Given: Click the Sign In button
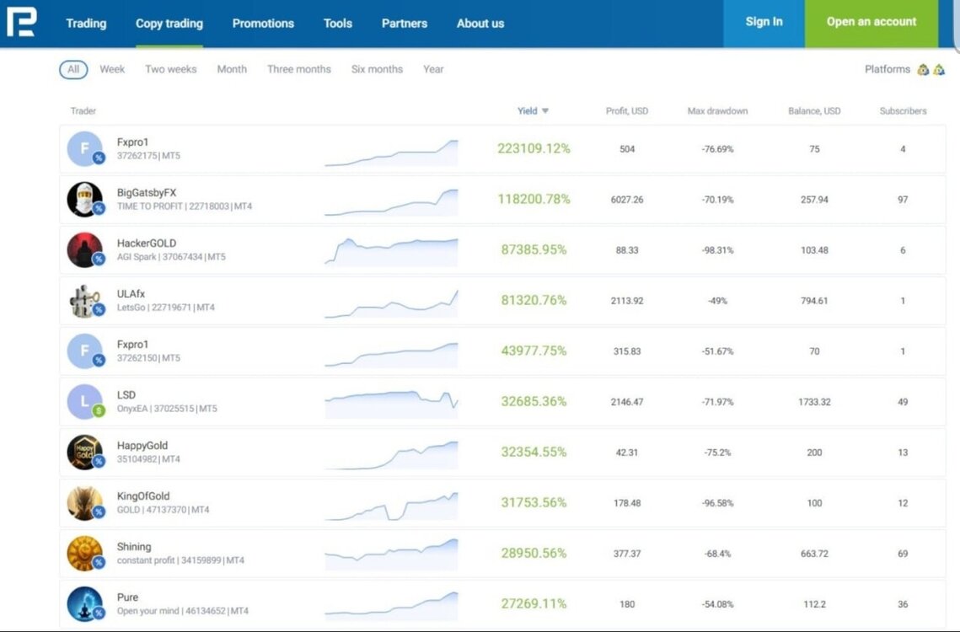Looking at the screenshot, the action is [x=764, y=23].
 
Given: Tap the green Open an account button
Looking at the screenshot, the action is [x=872, y=23].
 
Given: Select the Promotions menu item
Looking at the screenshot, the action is [x=263, y=24].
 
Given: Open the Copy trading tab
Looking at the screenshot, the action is [x=169, y=24].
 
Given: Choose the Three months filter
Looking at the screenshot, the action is [x=298, y=69].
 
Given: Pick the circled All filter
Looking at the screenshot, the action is [x=73, y=69].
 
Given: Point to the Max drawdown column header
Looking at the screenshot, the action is [x=717, y=111].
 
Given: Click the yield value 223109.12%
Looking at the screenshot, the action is [x=534, y=148].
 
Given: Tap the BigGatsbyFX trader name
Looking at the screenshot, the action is [x=147, y=192].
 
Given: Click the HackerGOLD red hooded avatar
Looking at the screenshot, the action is [x=84, y=250].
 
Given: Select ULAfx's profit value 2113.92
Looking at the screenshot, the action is [x=627, y=301].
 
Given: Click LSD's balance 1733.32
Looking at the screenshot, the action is [x=814, y=402].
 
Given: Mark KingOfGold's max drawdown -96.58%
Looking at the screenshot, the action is [x=717, y=503].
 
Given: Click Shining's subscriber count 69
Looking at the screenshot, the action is [x=903, y=554].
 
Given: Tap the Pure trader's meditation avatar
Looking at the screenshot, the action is [x=84, y=604].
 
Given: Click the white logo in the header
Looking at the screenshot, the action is [x=21, y=22].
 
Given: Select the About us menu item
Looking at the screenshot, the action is [x=480, y=24].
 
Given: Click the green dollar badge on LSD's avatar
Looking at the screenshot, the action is [x=99, y=411].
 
